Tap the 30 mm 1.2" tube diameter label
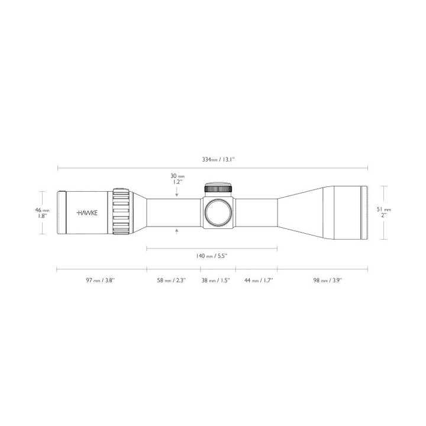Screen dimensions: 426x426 point(177,179)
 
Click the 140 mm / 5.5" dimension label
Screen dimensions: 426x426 point(212,256)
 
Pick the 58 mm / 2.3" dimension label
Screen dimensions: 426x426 point(172,280)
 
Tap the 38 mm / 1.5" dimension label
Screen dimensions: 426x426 point(215,280)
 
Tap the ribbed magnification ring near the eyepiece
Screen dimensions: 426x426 point(121,212)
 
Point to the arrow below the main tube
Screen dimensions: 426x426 point(177,233)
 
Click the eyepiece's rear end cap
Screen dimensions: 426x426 point(61,212)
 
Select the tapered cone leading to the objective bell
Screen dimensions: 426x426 point(299,212)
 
